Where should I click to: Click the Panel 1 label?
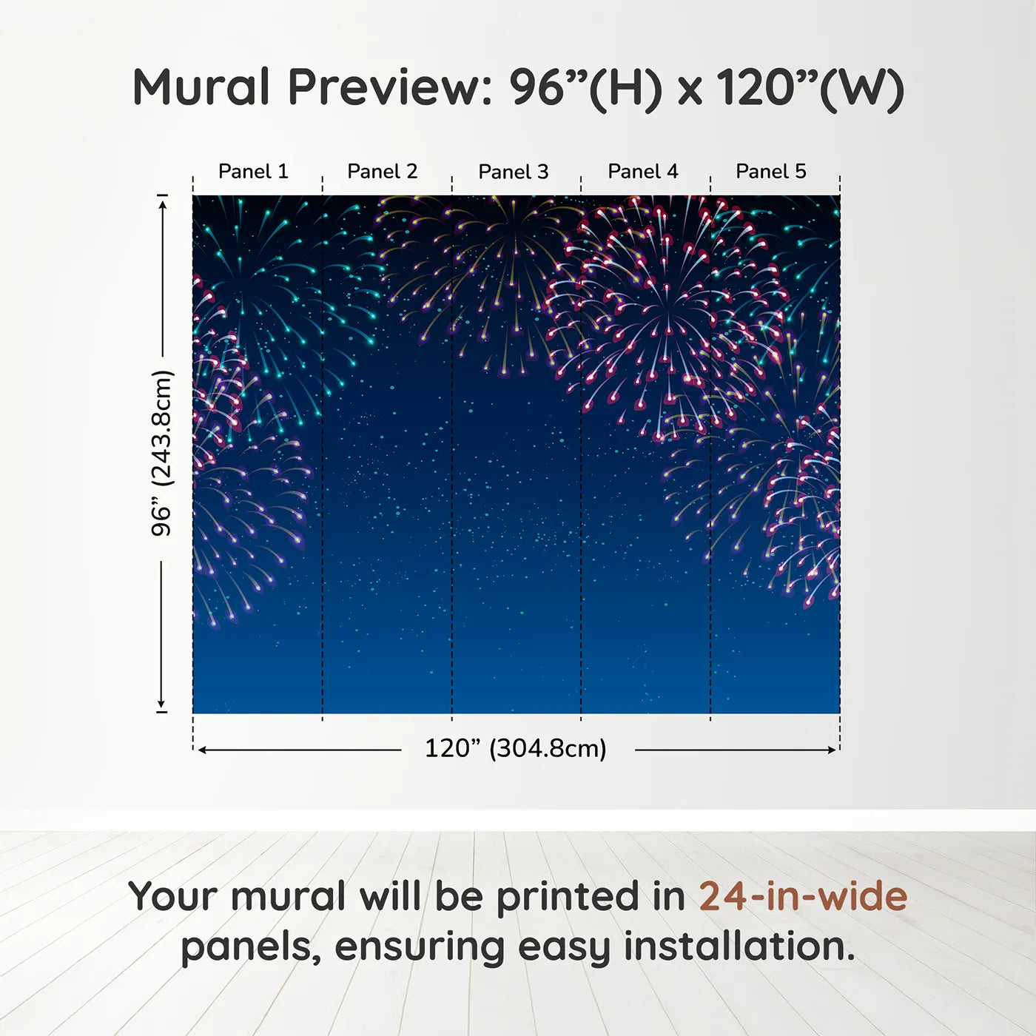point(253,172)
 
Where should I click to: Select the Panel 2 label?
point(383,172)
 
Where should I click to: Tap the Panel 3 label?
point(514,172)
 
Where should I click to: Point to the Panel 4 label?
point(643,172)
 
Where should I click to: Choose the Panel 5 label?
point(771,172)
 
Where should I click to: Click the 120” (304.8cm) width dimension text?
point(516,748)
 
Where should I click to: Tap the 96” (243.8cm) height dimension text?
point(161,453)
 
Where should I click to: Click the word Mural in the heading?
point(201,87)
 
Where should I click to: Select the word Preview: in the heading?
point(390,87)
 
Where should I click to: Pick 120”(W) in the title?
point(810,88)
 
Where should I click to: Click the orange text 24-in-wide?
point(803,896)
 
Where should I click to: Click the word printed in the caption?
point(591,898)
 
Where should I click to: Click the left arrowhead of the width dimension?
point(202,750)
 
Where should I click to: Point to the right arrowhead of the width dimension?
point(832,750)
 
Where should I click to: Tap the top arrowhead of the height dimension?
point(162,203)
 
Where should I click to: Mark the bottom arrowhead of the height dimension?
point(161,704)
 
